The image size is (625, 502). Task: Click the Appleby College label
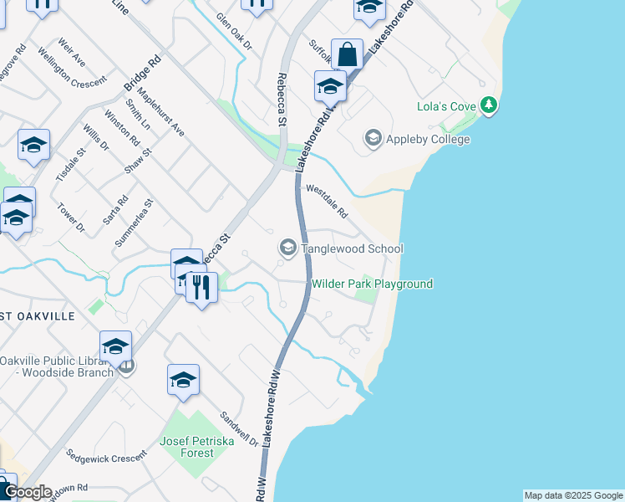(428, 140)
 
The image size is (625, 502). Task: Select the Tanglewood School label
(352, 248)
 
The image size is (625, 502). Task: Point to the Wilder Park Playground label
(372, 284)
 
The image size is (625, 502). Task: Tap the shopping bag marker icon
(347, 55)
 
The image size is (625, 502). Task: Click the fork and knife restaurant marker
(201, 288)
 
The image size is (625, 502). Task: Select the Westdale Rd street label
(326, 201)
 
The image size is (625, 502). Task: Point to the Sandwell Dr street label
(240, 428)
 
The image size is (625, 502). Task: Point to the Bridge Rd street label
(142, 74)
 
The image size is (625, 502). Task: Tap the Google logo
(27, 492)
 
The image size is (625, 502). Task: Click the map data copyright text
(573, 495)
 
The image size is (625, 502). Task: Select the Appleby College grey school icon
(373, 137)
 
